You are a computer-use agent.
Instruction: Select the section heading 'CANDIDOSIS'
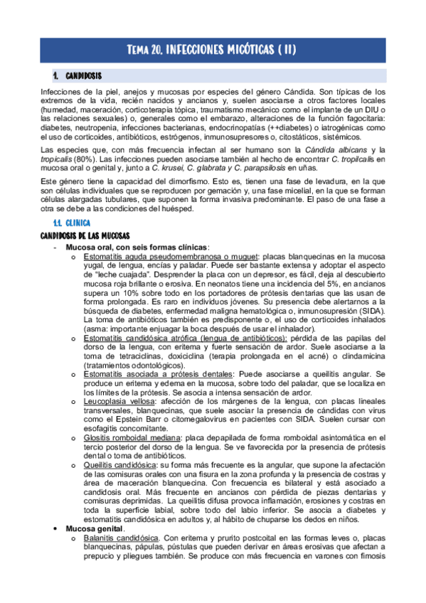coord(83,75)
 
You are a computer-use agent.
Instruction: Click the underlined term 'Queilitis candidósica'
coord(117,465)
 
